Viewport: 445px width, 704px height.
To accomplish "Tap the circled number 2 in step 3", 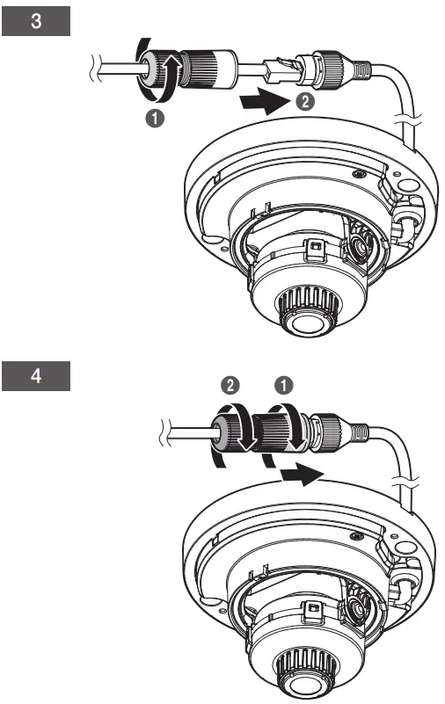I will (x=300, y=102).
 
